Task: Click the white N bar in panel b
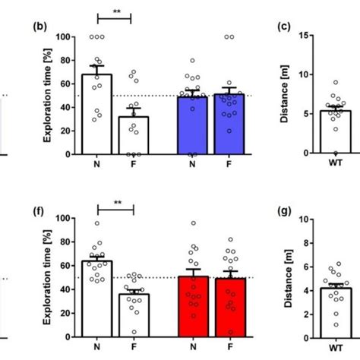[x=97, y=115]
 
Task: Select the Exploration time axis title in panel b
[x=48, y=95]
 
